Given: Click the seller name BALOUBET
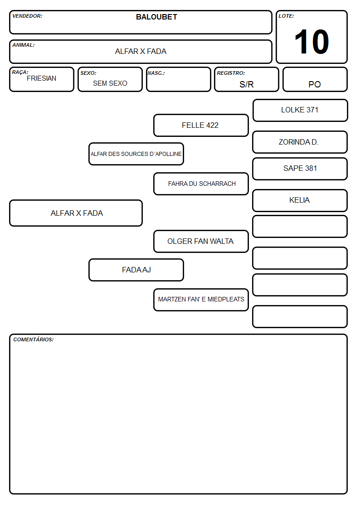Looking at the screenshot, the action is pyautogui.click(x=156, y=17).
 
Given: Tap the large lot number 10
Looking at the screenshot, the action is pyautogui.click(x=311, y=42).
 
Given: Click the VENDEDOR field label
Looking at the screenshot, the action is pyautogui.click(x=27, y=16).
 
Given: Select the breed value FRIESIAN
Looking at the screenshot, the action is pyautogui.click(x=42, y=78).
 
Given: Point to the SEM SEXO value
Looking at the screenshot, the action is pyautogui.click(x=110, y=83).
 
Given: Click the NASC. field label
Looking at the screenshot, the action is pyautogui.click(x=156, y=73).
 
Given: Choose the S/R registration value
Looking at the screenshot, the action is pyautogui.click(x=246, y=84).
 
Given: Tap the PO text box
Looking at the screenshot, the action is pyautogui.click(x=315, y=79).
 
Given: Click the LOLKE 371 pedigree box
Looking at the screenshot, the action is pyautogui.click(x=300, y=111).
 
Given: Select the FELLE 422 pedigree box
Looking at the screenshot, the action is pyautogui.click(x=201, y=125).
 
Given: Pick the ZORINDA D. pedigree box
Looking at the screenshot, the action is pyautogui.click(x=300, y=142).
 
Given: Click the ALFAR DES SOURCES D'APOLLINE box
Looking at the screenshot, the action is pyautogui.click(x=136, y=154).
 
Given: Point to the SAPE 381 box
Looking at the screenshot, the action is pyautogui.click(x=300, y=169).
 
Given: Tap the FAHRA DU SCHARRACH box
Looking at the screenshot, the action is pyautogui.click(x=201, y=184).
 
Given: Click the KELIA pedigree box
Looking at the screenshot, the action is pyautogui.click(x=300, y=201).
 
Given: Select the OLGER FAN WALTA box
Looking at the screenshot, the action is pyautogui.click(x=201, y=242).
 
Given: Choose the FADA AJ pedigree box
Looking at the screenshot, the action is pyautogui.click(x=136, y=270).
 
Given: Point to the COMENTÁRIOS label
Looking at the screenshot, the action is pyautogui.click(x=34, y=339).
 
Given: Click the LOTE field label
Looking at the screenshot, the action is pyautogui.click(x=286, y=16).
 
